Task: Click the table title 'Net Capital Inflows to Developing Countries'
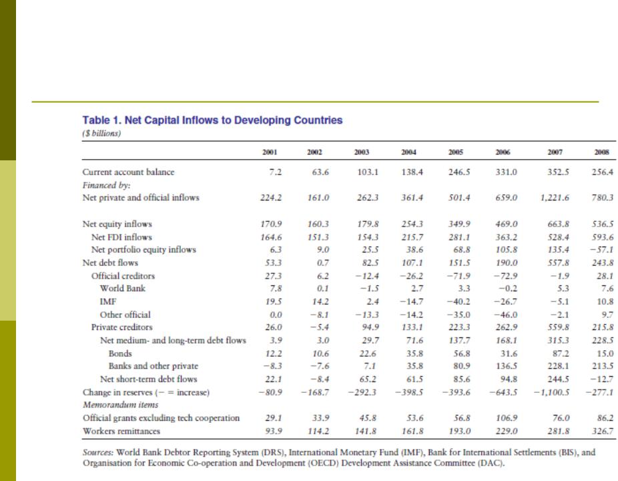[234, 120]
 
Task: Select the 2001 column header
[270, 152]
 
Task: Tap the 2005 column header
[456, 152]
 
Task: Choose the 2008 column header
[602, 152]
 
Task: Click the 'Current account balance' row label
[128, 172]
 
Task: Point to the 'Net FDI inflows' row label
[121, 237]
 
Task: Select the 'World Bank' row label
[123, 289]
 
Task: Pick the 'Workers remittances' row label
[121, 431]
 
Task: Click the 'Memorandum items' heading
[121, 405]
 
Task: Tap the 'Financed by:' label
[106, 185]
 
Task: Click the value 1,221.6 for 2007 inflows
[555, 198]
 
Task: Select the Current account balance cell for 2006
[506, 172]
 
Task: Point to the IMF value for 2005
[458, 302]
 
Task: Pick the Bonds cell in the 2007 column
[561, 353]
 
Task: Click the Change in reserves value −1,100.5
[551, 393]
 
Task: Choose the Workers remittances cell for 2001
[274, 431]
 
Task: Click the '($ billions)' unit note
[101, 134]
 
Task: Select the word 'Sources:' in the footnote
[98, 452]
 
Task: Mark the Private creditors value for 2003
[370, 327]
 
